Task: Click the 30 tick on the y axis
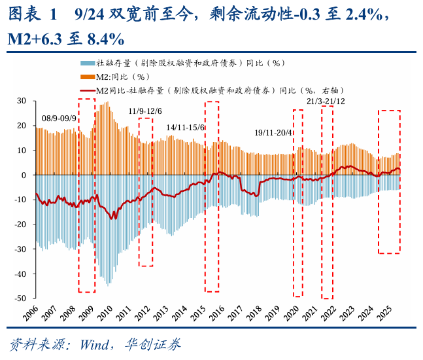21,101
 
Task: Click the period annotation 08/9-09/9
59,118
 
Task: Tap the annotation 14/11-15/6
185,127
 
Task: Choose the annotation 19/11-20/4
274,132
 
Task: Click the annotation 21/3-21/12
326,101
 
